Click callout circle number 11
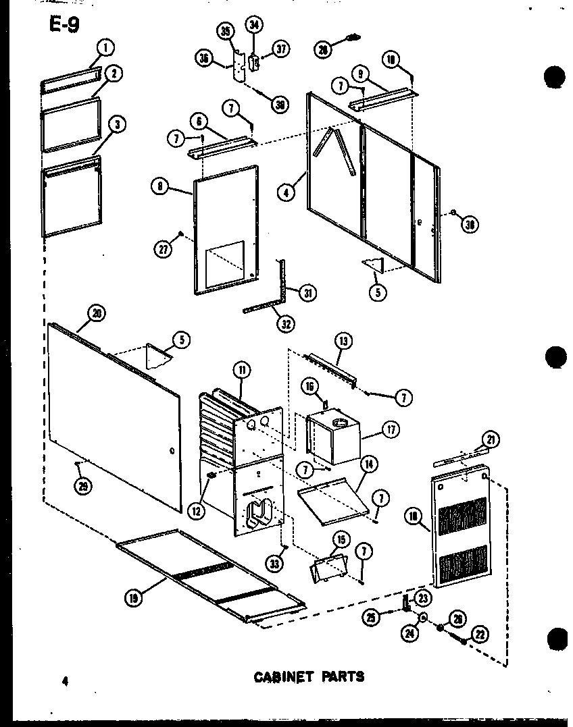pyautogui.click(x=241, y=369)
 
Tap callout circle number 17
pyautogui.click(x=390, y=429)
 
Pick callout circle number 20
pyautogui.click(x=97, y=312)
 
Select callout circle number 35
pyautogui.click(x=226, y=31)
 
